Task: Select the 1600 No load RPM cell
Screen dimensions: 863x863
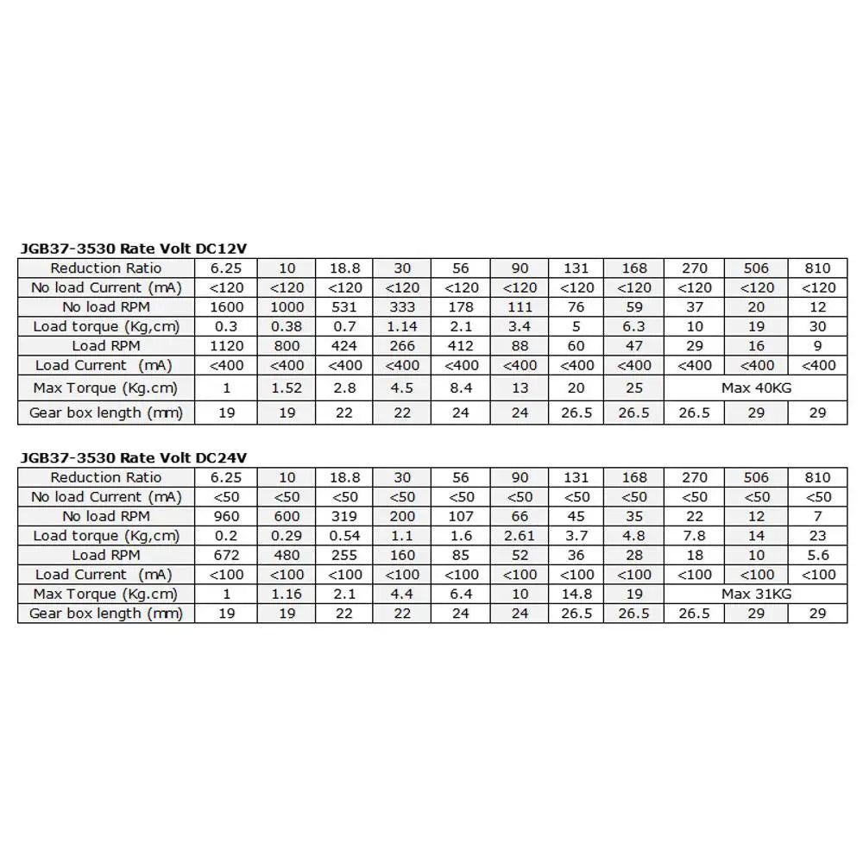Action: pos(226,307)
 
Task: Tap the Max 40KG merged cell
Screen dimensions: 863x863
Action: pos(756,388)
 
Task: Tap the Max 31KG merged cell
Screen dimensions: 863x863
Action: pos(756,594)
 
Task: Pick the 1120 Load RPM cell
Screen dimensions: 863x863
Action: pos(226,346)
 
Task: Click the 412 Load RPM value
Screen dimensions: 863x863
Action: pos(461,346)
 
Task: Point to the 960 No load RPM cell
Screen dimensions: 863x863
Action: pos(226,516)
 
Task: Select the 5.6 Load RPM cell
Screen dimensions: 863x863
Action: pos(818,555)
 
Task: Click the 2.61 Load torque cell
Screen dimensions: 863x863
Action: pos(520,536)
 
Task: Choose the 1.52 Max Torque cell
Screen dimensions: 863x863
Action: pos(287,388)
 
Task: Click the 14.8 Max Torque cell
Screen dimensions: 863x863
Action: pos(576,594)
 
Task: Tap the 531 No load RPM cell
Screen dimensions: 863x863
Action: pos(344,307)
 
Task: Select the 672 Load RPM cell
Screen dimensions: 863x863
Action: pos(226,555)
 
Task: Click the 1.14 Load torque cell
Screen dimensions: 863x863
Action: pos(402,326)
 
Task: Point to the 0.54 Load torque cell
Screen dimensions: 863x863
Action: pos(344,536)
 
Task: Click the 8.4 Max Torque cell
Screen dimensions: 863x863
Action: pos(461,388)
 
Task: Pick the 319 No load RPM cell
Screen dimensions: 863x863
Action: pos(344,516)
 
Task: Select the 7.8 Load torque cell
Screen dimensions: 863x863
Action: pos(695,536)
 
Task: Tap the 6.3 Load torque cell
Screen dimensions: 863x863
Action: pos(634,326)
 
